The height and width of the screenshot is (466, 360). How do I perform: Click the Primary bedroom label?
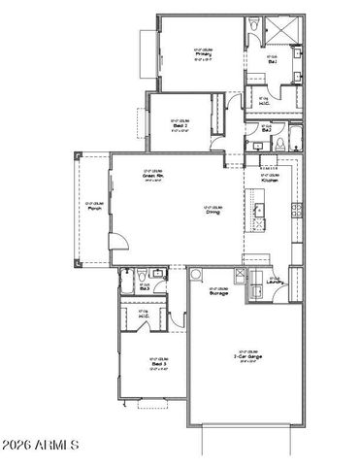coord(203,54)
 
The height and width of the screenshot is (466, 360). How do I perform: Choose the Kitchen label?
coord(270,181)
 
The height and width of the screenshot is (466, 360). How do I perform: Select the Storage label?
coord(218,292)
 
